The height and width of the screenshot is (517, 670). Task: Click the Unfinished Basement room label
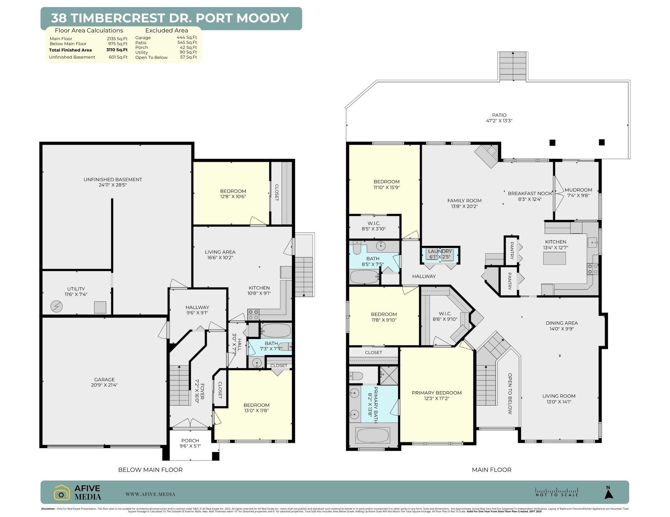coord(113,182)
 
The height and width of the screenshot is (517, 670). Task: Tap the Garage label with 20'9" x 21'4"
coord(104,382)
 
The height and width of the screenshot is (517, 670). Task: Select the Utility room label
coord(76,291)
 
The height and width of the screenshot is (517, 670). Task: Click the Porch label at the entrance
coord(190,443)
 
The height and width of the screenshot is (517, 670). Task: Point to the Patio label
coord(499,118)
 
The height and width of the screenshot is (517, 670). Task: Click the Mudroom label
coord(578,192)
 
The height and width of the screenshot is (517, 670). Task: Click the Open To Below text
coord(510,394)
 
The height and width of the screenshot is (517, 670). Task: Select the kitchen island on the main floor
coord(554,258)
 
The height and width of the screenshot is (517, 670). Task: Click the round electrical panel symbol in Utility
coord(56,306)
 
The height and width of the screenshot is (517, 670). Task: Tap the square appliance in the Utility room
coord(100,307)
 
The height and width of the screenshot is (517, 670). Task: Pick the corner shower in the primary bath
coord(389,375)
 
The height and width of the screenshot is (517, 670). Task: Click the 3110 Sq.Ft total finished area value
coord(117,50)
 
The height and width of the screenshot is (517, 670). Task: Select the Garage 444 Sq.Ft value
coord(187,37)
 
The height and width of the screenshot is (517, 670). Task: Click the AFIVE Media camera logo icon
coord(62,492)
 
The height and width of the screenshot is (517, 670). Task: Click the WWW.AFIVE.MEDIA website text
coord(150,494)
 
